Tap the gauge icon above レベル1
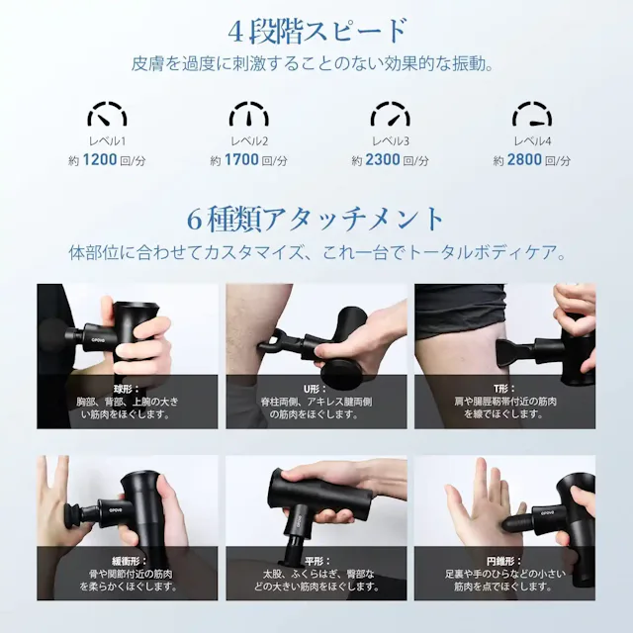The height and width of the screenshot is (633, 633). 106,112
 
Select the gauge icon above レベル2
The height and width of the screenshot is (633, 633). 248,112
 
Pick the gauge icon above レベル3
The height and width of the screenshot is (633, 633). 390,112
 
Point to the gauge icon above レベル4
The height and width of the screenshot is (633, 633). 531,112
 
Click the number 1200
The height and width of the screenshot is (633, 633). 100,160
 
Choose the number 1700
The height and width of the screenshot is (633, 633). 241,160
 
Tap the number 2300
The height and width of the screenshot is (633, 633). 383,160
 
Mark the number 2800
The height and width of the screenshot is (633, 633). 524,160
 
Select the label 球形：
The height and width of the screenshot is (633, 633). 127,389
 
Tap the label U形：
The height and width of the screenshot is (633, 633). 316,389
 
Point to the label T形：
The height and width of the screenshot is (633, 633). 504,389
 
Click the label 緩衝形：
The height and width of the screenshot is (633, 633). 127,560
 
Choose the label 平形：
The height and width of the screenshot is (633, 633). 316,560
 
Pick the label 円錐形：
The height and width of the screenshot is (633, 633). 504,560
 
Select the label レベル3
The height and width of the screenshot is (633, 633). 390,141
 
